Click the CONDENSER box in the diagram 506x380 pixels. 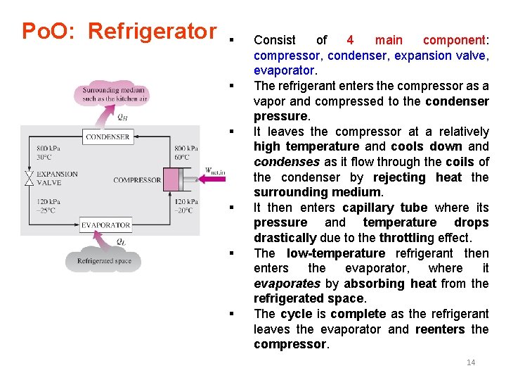click(107, 137)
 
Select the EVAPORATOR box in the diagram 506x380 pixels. click(105, 224)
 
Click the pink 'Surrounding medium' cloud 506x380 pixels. click(114, 95)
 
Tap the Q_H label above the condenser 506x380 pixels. click(123, 117)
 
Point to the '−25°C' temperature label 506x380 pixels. click(47, 210)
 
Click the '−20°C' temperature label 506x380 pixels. click(184, 210)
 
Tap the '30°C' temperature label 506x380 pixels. click(44, 158)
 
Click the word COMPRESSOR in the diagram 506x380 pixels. click(137, 180)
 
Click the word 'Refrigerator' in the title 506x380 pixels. click(152, 32)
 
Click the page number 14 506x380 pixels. click(471, 362)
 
